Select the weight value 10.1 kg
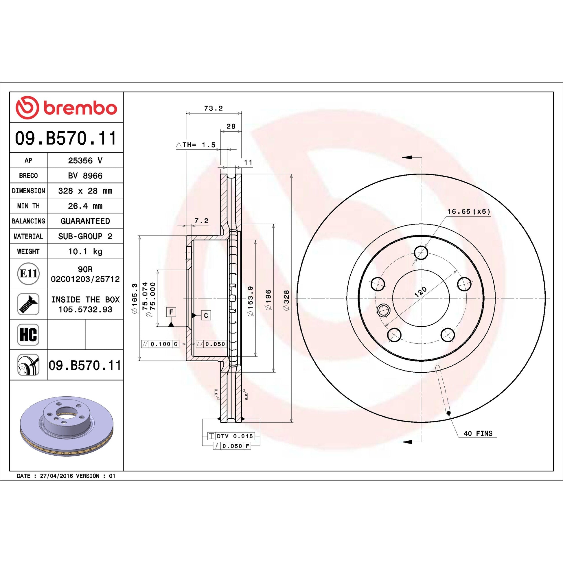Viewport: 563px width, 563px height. pyautogui.click(x=85, y=251)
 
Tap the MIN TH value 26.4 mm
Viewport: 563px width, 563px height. pyautogui.click(x=85, y=206)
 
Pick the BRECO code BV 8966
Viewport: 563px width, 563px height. pyautogui.click(x=85, y=176)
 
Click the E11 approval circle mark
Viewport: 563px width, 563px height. pyautogui.click(x=28, y=274)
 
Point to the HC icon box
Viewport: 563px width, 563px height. pyautogui.click(x=28, y=334)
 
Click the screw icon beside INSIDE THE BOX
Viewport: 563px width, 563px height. pyautogui.click(x=28, y=304)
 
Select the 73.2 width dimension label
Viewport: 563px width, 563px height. pyautogui.click(x=213, y=108)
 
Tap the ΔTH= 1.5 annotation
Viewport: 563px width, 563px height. pyautogui.click(x=196, y=145)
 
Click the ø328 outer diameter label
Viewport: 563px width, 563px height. pyautogui.click(x=286, y=300)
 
